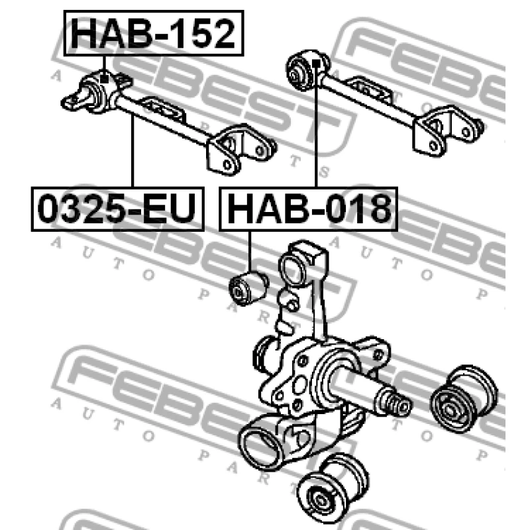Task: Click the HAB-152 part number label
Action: pos(153,34)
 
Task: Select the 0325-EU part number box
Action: pos(117,209)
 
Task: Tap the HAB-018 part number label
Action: pos(308,209)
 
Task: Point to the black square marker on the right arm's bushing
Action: pos(317,64)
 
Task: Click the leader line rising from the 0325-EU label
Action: pos(132,152)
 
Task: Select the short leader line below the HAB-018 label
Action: pos(251,248)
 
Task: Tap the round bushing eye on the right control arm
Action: pos(301,70)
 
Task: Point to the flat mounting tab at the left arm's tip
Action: pos(72,102)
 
